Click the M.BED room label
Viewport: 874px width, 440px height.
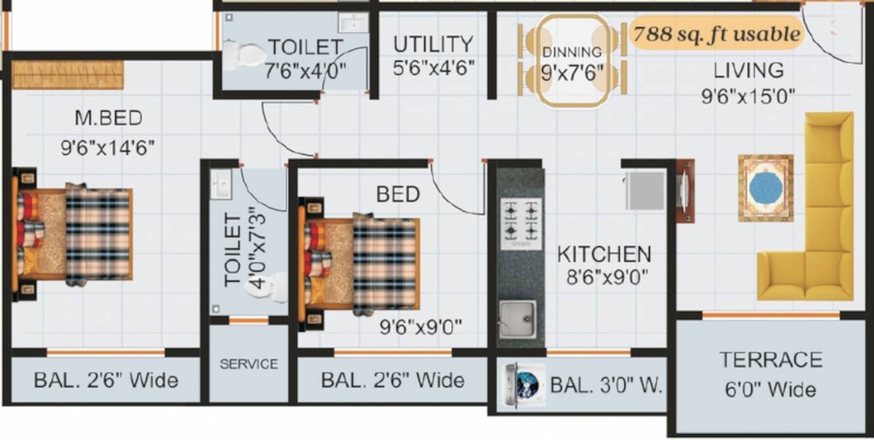pyautogui.click(x=108, y=118)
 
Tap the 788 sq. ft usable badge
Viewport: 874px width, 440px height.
pyautogui.click(x=716, y=34)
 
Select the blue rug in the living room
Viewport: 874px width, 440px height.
pyautogui.click(x=765, y=188)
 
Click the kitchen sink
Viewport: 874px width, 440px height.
pyautogui.click(x=517, y=318)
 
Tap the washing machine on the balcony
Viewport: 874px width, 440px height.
pyautogui.click(x=523, y=385)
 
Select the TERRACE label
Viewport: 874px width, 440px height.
pyautogui.click(x=771, y=360)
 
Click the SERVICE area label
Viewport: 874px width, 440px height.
pyautogui.click(x=249, y=364)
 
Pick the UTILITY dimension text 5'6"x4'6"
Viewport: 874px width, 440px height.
pyautogui.click(x=434, y=67)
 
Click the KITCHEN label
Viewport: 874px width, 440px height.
pyautogui.click(x=604, y=254)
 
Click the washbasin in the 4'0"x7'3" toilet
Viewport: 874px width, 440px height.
pyautogui.click(x=220, y=184)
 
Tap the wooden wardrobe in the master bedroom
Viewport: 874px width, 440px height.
pyautogui.click(x=67, y=75)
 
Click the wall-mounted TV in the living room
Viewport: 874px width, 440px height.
pyautogui.click(x=684, y=192)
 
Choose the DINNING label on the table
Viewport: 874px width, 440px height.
pyautogui.click(x=572, y=52)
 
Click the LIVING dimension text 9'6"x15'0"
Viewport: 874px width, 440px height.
pyautogui.click(x=748, y=97)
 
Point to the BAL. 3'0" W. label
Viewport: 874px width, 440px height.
pyautogui.click(x=606, y=385)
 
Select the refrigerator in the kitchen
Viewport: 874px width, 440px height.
pyautogui.click(x=644, y=190)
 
